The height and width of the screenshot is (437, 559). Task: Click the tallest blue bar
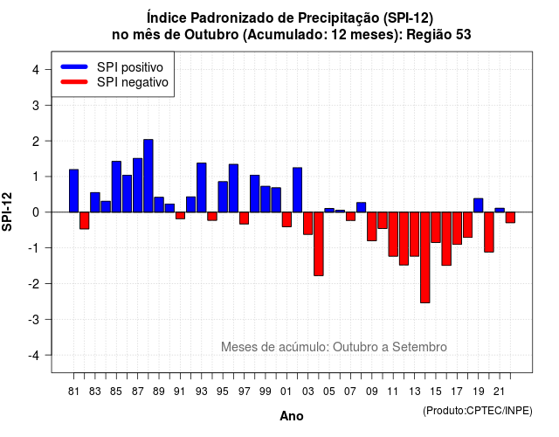tap(148, 176)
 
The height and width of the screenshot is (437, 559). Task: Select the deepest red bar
tap(425, 257)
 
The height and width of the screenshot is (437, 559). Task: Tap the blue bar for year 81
tap(73, 191)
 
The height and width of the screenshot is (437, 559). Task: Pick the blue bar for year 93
tap(202, 187)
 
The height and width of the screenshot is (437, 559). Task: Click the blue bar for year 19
tap(479, 205)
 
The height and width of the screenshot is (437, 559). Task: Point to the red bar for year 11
tap(393, 234)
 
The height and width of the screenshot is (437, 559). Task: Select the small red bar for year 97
tap(245, 218)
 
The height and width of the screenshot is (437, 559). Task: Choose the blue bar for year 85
tap(116, 186)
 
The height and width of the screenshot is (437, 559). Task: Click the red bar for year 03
tap(308, 223)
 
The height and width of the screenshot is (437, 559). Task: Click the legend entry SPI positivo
tap(130, 67)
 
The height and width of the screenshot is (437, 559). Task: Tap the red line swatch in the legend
tap(74, 81)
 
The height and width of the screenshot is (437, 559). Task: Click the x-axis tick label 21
tap(500, 392)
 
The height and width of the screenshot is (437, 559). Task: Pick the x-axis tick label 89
tap(159, 392)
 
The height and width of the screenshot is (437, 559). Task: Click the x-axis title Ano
tap(292, 416)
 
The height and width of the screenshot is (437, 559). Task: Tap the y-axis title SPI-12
tap(7, 212)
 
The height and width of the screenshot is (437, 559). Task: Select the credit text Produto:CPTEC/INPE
tap(478, 411)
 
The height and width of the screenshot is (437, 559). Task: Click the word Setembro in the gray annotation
tap(419, 347)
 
